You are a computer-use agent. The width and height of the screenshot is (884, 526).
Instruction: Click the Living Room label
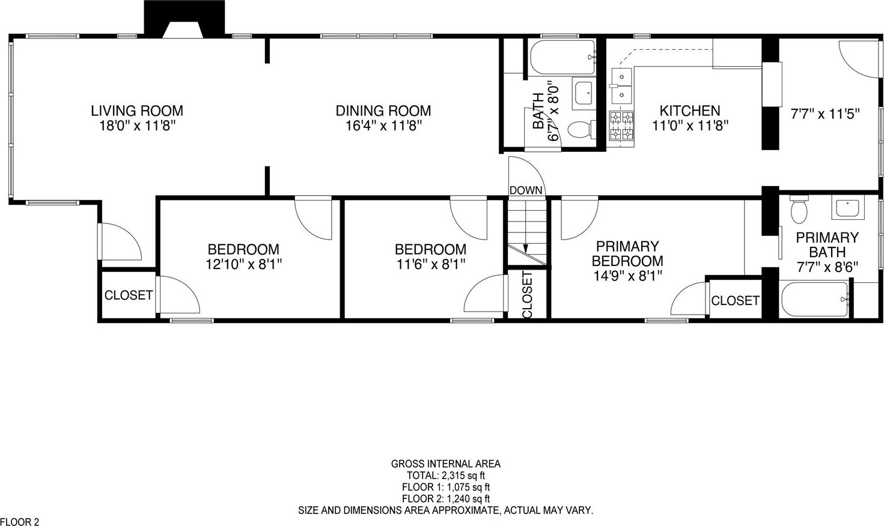(x=137, y=111)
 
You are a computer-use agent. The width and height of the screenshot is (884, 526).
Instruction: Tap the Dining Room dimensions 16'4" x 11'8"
(x=383, y=126)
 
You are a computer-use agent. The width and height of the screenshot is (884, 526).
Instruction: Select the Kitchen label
(x=690, y=110)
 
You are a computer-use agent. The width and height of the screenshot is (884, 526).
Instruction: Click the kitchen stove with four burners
(x=622, y=125)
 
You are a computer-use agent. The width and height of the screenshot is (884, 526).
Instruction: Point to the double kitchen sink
(x=622, y=85)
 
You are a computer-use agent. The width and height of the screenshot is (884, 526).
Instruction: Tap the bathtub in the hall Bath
(x=562, y=57)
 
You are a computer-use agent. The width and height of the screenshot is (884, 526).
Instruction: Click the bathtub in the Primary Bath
(x=814, y=299)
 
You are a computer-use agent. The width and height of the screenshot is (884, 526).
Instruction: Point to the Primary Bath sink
(x=848, y=207)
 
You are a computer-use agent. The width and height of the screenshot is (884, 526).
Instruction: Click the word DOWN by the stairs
(x=526, y=190)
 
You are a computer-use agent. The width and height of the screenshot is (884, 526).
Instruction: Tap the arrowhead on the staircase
(x=525, y=249)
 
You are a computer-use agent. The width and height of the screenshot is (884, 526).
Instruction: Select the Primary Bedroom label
(x=627, y=253)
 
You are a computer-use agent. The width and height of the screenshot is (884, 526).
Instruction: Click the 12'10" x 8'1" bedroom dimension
(x=243, y=264)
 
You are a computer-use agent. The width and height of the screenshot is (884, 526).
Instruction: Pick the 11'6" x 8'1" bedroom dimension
(x=430, y=264)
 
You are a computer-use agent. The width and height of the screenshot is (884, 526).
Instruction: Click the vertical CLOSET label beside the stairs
(x=527, y=295)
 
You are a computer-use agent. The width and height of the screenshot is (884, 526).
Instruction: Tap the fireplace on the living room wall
(x=184, y=19)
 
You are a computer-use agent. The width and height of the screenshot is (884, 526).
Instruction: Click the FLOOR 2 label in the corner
(x=20, y=522)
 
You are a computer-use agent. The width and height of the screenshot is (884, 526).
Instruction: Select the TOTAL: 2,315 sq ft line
(x=446, y=476)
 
